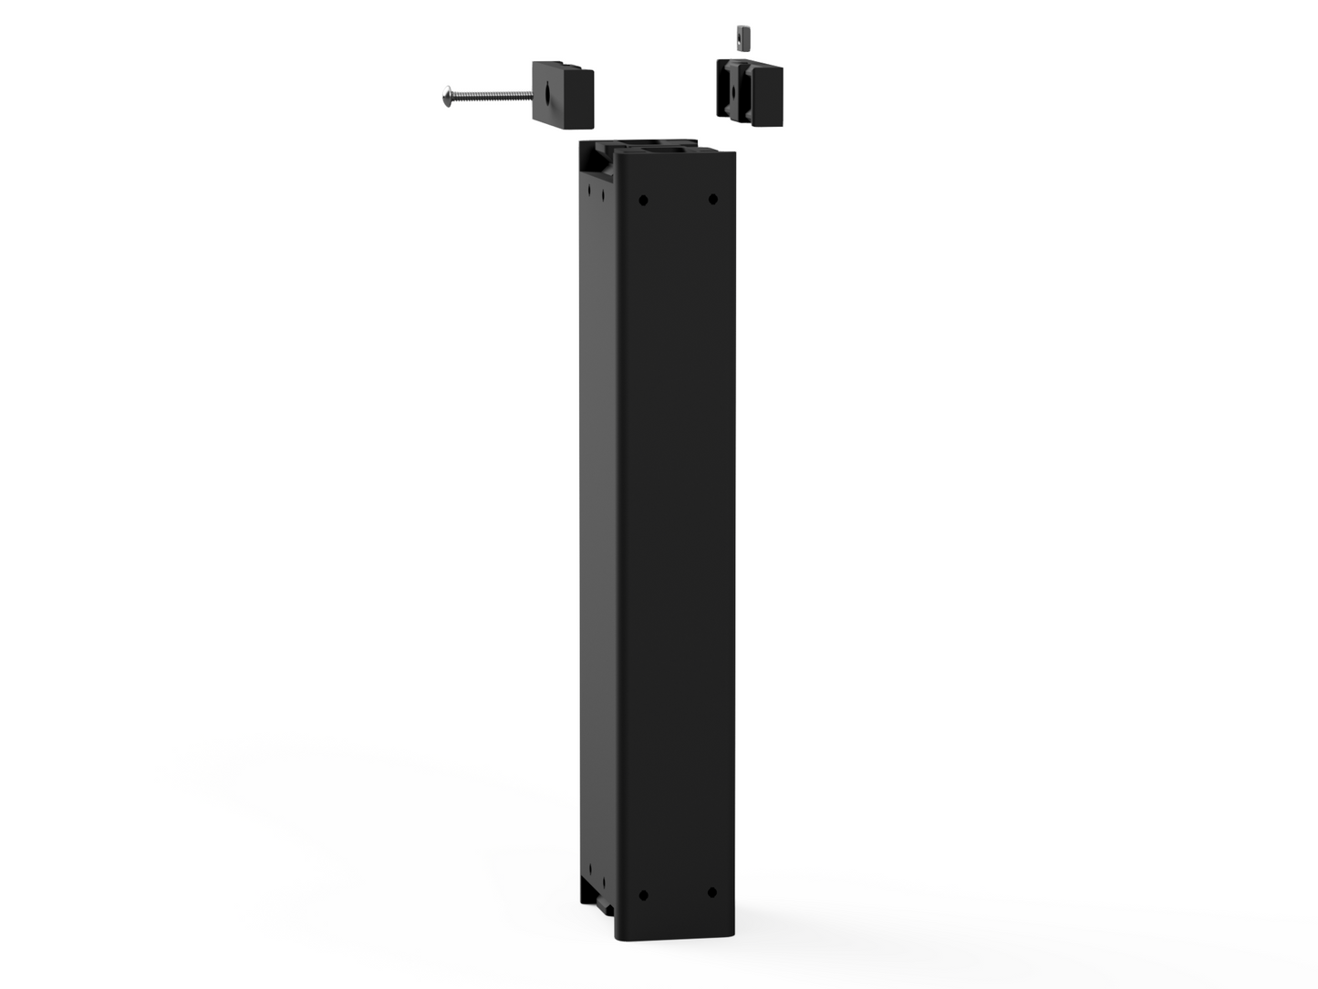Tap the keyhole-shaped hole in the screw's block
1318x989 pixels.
[x=546, y=92]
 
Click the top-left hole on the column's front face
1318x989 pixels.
[x=643, y=200]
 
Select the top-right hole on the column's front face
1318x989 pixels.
[x=712, y=199]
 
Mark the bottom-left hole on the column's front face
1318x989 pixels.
[x=643, y=895]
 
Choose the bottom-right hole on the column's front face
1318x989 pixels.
[x=711, y=892]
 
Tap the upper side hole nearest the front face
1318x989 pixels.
[x=602, y=193]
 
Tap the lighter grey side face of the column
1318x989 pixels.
[x=598, y=529]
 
